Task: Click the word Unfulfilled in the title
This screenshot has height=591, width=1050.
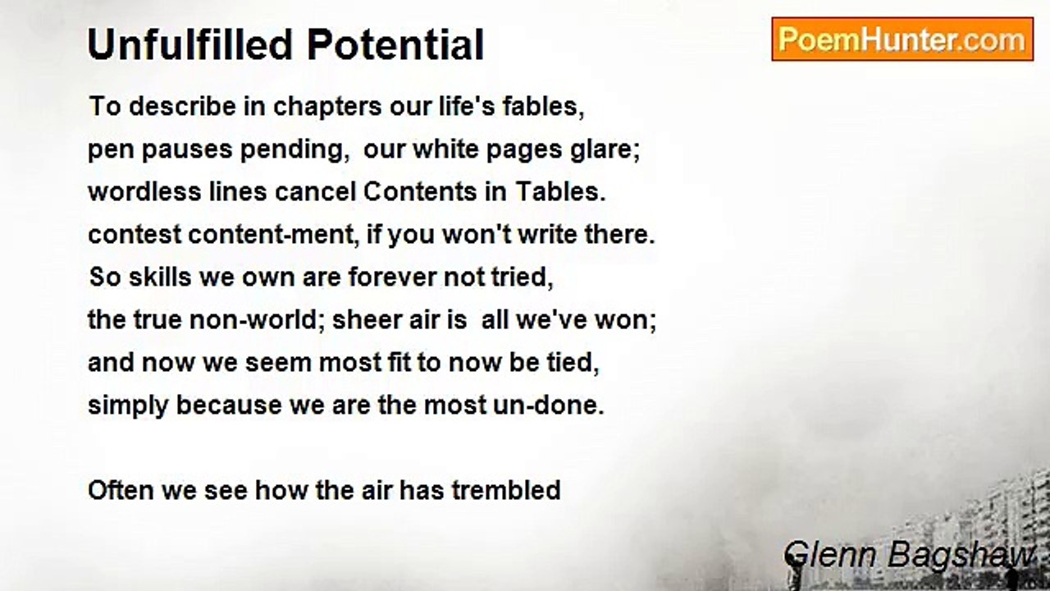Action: (x=189, y=44)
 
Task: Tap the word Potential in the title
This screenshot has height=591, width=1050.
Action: (x=395, y=44)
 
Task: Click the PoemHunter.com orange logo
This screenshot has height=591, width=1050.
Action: (x=902, y=39)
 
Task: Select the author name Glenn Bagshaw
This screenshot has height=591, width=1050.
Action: (x=909, y=555)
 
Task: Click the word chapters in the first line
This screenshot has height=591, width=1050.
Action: (x=327, y=107)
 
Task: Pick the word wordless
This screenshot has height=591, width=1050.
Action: (x=144, y=191)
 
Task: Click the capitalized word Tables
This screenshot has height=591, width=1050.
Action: (x=560, y=191)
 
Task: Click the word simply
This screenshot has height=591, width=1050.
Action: (x=128, y=406)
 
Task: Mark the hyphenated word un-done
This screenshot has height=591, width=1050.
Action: (x=549, y=405)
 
